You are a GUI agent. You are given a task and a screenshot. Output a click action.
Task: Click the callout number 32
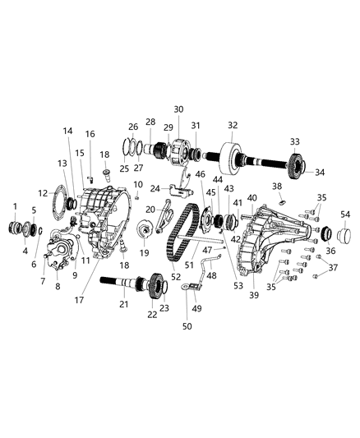(x=233, y=125)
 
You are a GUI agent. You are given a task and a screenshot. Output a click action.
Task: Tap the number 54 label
(x=344, y=214)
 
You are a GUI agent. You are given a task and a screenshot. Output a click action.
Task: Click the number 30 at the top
(x=178, y=109)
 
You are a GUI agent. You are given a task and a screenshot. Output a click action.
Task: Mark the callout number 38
(x=277, y=187)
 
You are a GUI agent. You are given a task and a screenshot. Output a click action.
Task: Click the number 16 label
(x=90, y=134)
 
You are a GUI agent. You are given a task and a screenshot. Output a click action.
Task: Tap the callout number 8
(x=58, y=288)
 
